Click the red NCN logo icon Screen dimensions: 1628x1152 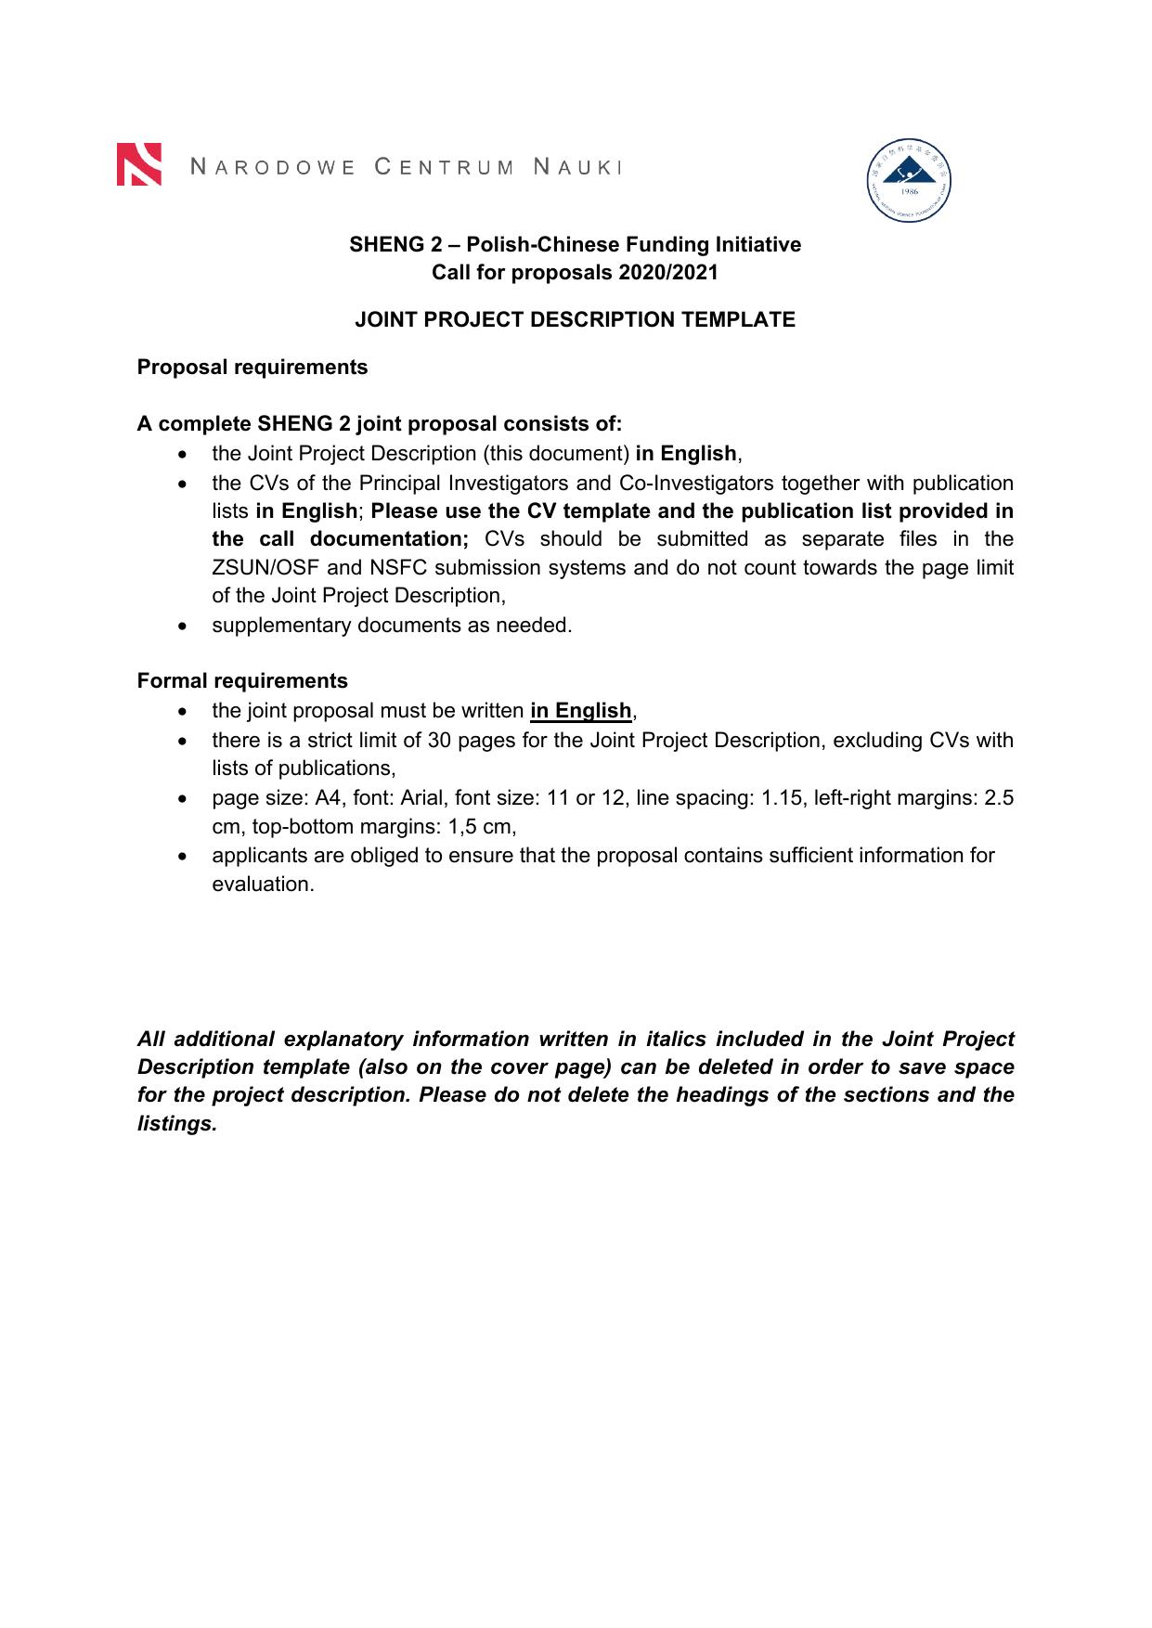click(x=139, y=164)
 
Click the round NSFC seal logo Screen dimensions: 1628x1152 click(x=909, y=181)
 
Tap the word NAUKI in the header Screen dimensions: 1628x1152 click(x=576, y=167)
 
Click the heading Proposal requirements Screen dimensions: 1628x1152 click(x=252, y=367)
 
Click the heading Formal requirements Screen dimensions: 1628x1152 click(x=242, y=680)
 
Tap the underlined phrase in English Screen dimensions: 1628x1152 click(x=581, y=711)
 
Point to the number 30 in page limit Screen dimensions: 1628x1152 click(x=439, y=741)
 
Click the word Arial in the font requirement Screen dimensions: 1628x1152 click(x=424, y=798)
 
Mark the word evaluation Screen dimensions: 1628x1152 click(x=263, y=885)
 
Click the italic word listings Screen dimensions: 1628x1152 click(x=176, y=1124)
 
